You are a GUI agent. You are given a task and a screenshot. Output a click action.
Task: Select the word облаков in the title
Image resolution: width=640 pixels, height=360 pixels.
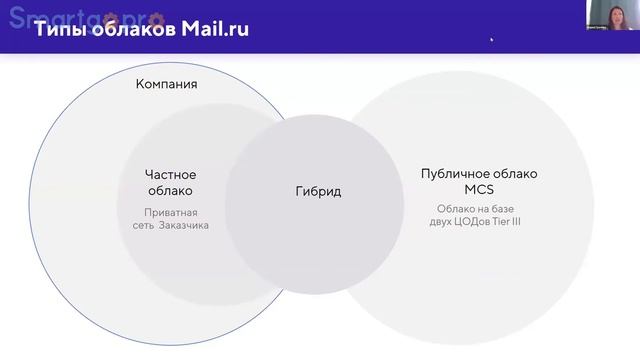click(x=131, y=29)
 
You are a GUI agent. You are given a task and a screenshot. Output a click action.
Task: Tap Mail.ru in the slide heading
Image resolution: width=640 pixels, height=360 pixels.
click(x=215, y=29)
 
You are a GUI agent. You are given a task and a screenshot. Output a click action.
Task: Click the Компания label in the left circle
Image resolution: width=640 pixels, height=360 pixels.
click(x=166, y=84)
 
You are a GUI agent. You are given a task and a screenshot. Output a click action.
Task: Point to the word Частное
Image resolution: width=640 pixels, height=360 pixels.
click(x=170, y=175)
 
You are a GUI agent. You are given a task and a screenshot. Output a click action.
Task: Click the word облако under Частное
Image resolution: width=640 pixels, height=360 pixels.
click(x=170, y=190)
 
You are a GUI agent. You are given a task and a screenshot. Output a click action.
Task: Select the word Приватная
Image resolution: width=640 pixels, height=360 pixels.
click(x=171, y=212)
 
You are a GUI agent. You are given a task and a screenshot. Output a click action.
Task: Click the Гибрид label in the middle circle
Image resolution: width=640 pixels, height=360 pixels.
click(x=318, y=191)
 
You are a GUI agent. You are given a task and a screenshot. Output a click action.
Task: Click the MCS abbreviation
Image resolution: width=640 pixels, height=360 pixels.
click(x=479, y=189)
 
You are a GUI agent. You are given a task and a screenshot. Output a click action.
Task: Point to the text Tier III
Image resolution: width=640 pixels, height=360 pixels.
click(x=507, y=221)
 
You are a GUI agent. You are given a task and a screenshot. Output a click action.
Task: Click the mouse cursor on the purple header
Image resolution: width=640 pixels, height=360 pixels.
click(x=491, y=39)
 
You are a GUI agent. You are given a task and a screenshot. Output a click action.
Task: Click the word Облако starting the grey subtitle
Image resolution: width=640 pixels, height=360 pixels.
click(x=457, y=208)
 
